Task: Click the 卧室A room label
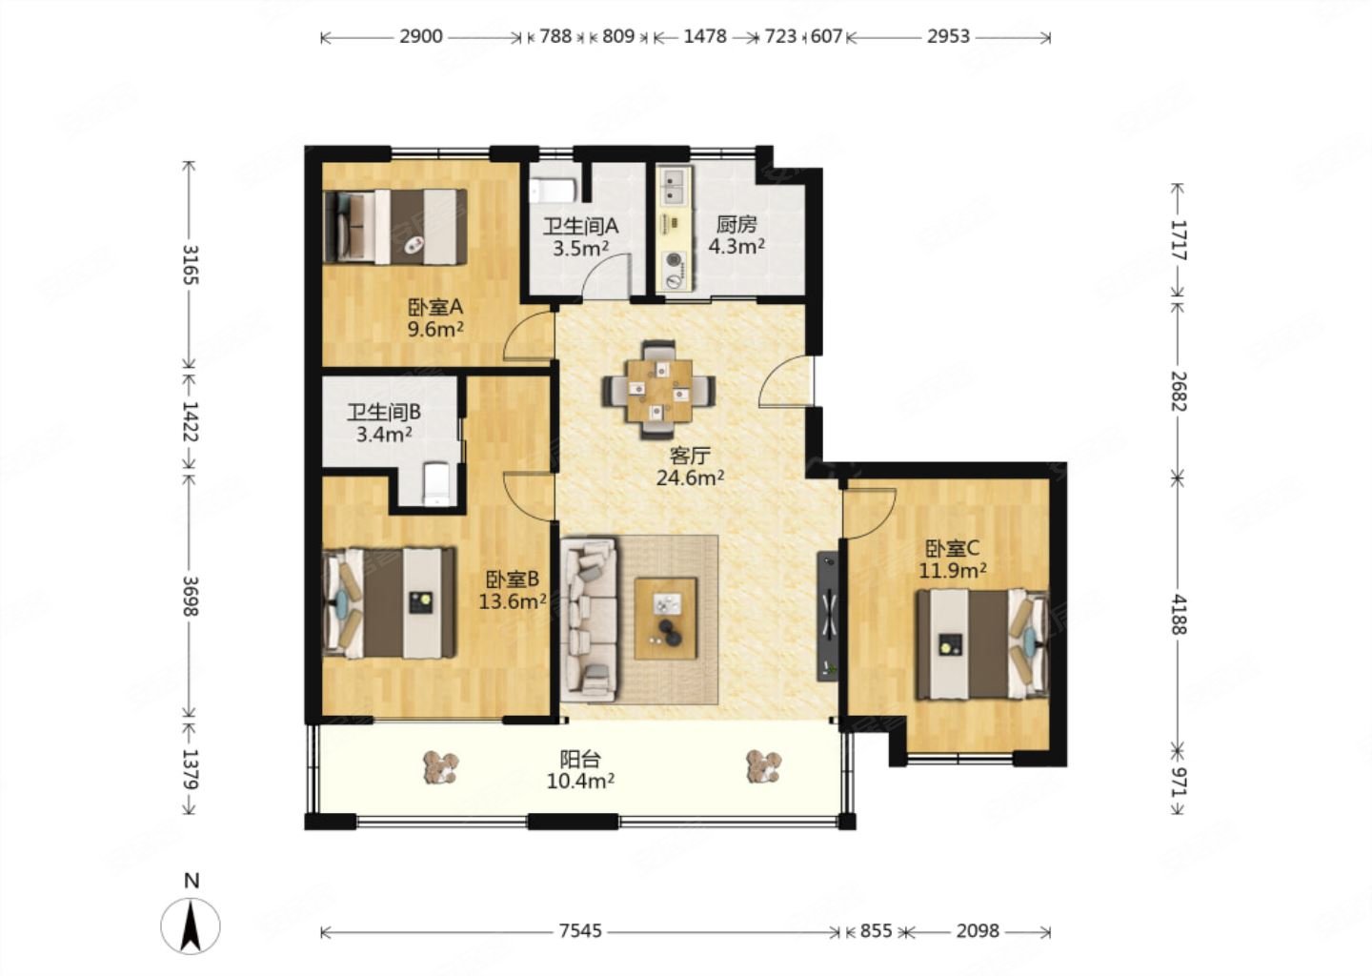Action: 434,306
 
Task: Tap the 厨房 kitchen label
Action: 736,225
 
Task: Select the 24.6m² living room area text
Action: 690,478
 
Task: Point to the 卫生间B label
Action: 384,413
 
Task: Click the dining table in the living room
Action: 658,390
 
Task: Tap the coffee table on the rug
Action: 666,619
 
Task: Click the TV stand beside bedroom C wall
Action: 828,617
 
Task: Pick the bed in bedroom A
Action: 395,227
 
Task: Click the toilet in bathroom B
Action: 438,484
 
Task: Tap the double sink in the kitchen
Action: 675,186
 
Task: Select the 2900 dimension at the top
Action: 421,37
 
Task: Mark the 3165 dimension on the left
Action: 191,265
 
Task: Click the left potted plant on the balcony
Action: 441,767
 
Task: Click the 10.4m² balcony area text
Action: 580,782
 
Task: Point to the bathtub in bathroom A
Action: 553,190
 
